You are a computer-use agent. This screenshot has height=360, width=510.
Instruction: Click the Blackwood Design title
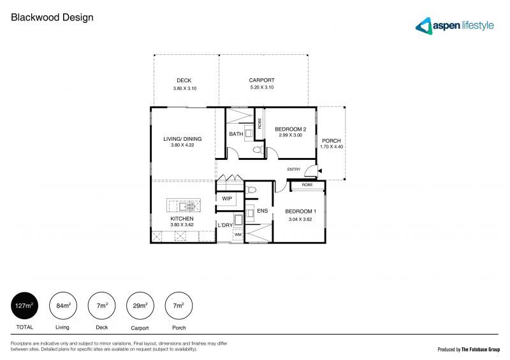[52, 18]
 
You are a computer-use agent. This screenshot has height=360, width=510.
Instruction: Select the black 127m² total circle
[24, 306]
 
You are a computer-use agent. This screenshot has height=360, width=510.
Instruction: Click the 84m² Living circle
[62, 306]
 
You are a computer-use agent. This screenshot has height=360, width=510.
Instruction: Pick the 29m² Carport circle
[140, 306]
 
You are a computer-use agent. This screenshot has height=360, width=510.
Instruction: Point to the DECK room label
[184, 81]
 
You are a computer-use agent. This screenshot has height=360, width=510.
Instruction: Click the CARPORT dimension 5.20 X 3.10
[261, 87]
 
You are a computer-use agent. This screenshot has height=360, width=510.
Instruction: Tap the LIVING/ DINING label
[182, 139]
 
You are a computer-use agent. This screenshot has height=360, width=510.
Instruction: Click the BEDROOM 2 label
[291, 129]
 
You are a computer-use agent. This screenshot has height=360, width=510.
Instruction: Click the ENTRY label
[294, 169]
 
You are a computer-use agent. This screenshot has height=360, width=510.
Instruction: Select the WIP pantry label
[227, 199]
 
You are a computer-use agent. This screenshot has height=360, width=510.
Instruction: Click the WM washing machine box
[238, 235]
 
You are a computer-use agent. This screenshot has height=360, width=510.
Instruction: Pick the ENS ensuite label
[262, 210]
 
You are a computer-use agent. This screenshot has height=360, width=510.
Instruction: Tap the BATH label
[236, 134]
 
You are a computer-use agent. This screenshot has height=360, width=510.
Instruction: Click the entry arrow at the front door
[320, 170]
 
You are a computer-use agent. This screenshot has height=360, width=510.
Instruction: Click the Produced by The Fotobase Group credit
[468, 349]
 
